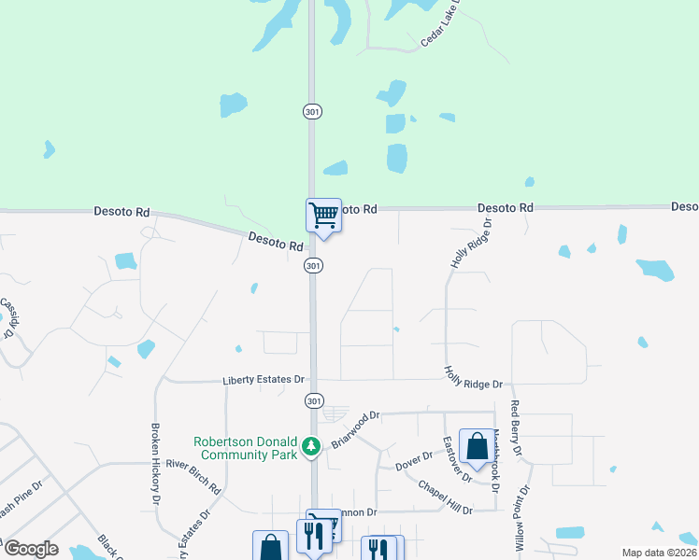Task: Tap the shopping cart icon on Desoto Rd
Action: (323, 216)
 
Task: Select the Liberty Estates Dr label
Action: (264, 380)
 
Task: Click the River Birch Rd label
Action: (192, 475)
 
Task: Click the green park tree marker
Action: (314, 450)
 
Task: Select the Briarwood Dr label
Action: (357, 428)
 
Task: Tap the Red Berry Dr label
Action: (515, 428)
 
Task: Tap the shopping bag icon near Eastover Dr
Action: (478, 448)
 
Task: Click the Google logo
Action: (30, 548)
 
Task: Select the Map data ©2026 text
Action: (658, 553)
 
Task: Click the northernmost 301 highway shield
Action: (313, 111)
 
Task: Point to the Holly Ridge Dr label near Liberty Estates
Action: (474, 378)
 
